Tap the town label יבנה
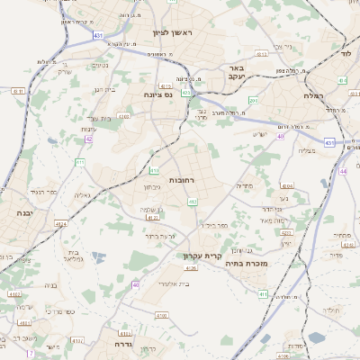point(17,212)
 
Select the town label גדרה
point(123,343)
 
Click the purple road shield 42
point(88,139)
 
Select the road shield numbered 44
point(342,171)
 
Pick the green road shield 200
point(254,101)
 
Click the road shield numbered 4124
point(61,223)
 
